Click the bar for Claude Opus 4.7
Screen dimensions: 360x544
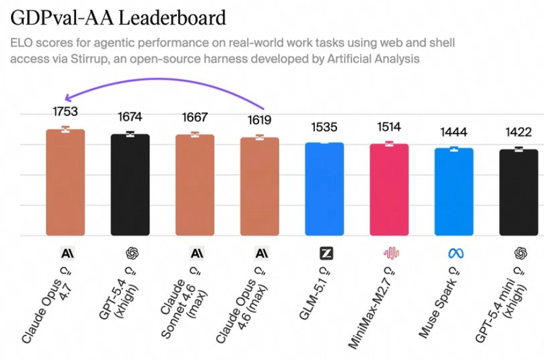tap(65, 182)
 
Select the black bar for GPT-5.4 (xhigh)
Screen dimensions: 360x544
tap(130, 184)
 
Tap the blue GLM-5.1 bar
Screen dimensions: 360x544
tap(324, 189)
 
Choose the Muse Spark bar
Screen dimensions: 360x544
tap(454, 192)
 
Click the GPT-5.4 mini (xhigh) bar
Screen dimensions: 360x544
tap(519, 192)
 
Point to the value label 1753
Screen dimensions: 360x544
tap(65, 112)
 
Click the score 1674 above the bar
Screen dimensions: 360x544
tap(130, 117)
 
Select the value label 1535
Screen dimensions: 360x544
tap(324, 127)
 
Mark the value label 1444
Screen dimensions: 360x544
tap(454, 132)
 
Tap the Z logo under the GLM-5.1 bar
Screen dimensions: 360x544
tap(326, 252)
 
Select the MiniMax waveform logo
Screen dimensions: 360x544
tap(391, 252)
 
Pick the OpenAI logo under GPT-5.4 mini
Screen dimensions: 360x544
tap(521, 252)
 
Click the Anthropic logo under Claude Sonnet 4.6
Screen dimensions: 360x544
tap(197, 252)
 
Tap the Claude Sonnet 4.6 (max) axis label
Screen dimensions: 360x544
tap(186, 301)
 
